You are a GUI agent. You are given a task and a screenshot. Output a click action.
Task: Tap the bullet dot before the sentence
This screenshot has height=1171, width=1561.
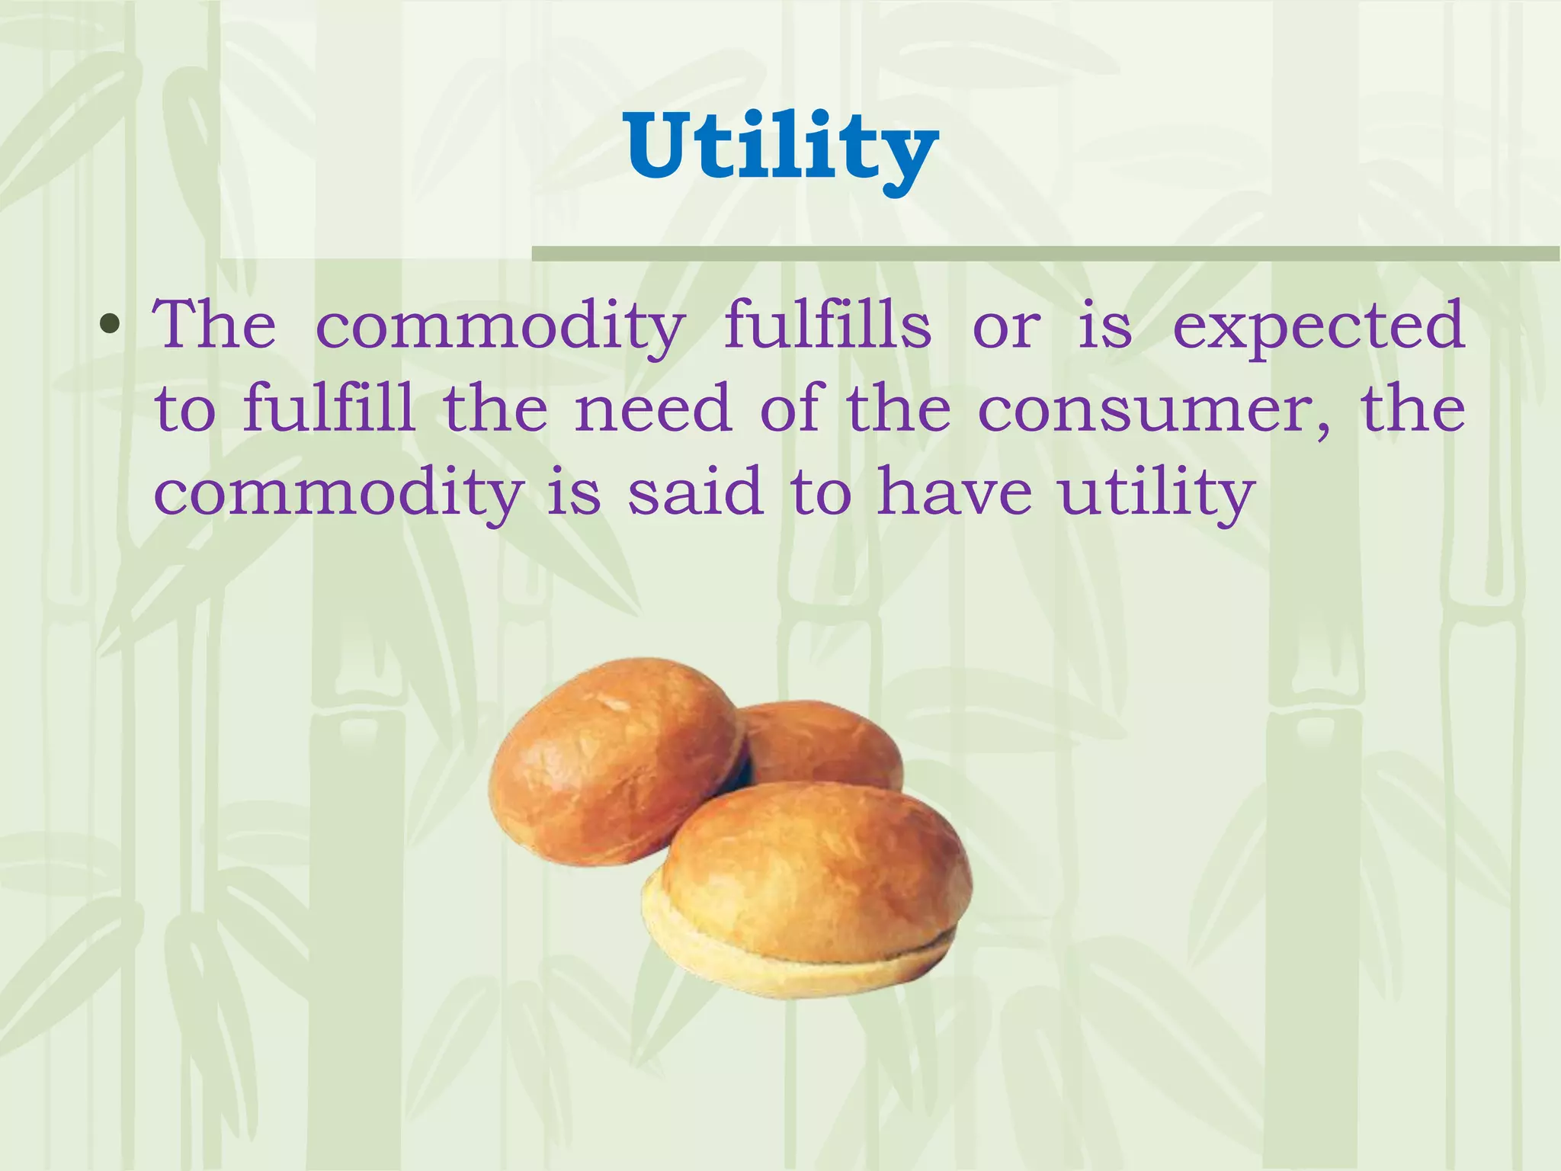111,327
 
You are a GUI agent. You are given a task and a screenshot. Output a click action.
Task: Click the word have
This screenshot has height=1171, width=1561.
954,492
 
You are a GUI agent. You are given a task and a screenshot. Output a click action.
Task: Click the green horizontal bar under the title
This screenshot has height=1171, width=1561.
1044,254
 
